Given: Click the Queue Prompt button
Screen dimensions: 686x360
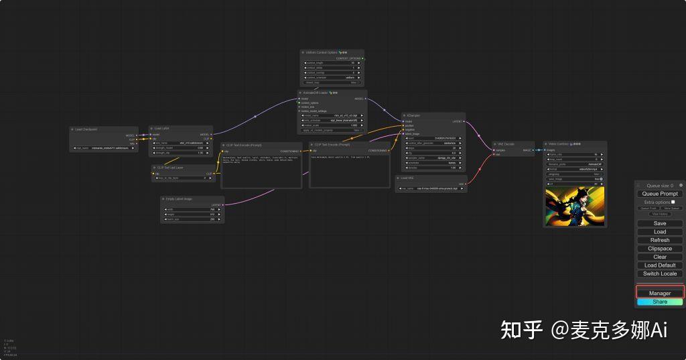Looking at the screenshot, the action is (660, 194).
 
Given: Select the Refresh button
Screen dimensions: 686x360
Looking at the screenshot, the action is (660, 240).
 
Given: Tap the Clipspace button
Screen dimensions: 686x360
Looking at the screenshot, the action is (660, 249).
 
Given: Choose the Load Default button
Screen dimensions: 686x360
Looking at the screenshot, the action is (660, 265).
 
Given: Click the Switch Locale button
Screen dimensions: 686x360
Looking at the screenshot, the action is (660, 274).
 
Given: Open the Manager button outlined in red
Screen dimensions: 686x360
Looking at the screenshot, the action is (660, 293).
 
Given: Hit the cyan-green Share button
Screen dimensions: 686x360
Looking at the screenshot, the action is (660, 302).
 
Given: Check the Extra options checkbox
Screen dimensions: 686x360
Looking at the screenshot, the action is (673, 202).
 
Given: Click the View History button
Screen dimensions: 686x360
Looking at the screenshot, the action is (660, 214).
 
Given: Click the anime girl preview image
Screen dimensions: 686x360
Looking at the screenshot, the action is (574, 206).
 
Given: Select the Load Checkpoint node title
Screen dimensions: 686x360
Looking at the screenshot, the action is (88, 129).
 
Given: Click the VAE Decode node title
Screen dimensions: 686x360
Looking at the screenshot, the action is (506, 144).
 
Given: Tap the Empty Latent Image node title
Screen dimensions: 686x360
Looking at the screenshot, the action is (179, 199).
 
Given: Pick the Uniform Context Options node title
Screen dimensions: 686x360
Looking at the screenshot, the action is (322, 52).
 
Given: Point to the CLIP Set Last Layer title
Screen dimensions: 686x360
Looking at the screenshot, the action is (170, 168).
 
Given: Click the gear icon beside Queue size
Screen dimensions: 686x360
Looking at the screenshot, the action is (681, 185).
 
